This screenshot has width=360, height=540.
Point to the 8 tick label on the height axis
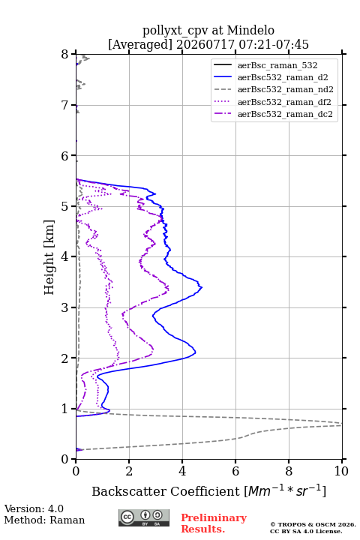coord(65,54)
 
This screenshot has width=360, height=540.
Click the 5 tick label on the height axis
coord(65,206)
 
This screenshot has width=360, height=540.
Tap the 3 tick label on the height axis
coord(65,307)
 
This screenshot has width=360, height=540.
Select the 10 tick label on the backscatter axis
coord(341,471)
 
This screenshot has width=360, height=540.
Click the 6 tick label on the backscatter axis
coord(235,471)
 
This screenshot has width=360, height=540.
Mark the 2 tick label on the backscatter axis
coord(129,471)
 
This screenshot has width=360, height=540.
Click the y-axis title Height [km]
coord(49,257)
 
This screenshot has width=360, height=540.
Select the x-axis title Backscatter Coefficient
coord(166,491)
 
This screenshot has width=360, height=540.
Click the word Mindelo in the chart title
coord(250,30)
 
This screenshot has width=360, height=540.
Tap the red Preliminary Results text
coord(214,523)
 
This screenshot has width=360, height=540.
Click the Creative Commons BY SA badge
coord(144,517)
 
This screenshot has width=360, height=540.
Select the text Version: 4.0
coord(34,508)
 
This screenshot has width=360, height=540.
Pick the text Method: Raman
coord(44,520)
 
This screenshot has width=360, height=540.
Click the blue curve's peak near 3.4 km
coord(202,286)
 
